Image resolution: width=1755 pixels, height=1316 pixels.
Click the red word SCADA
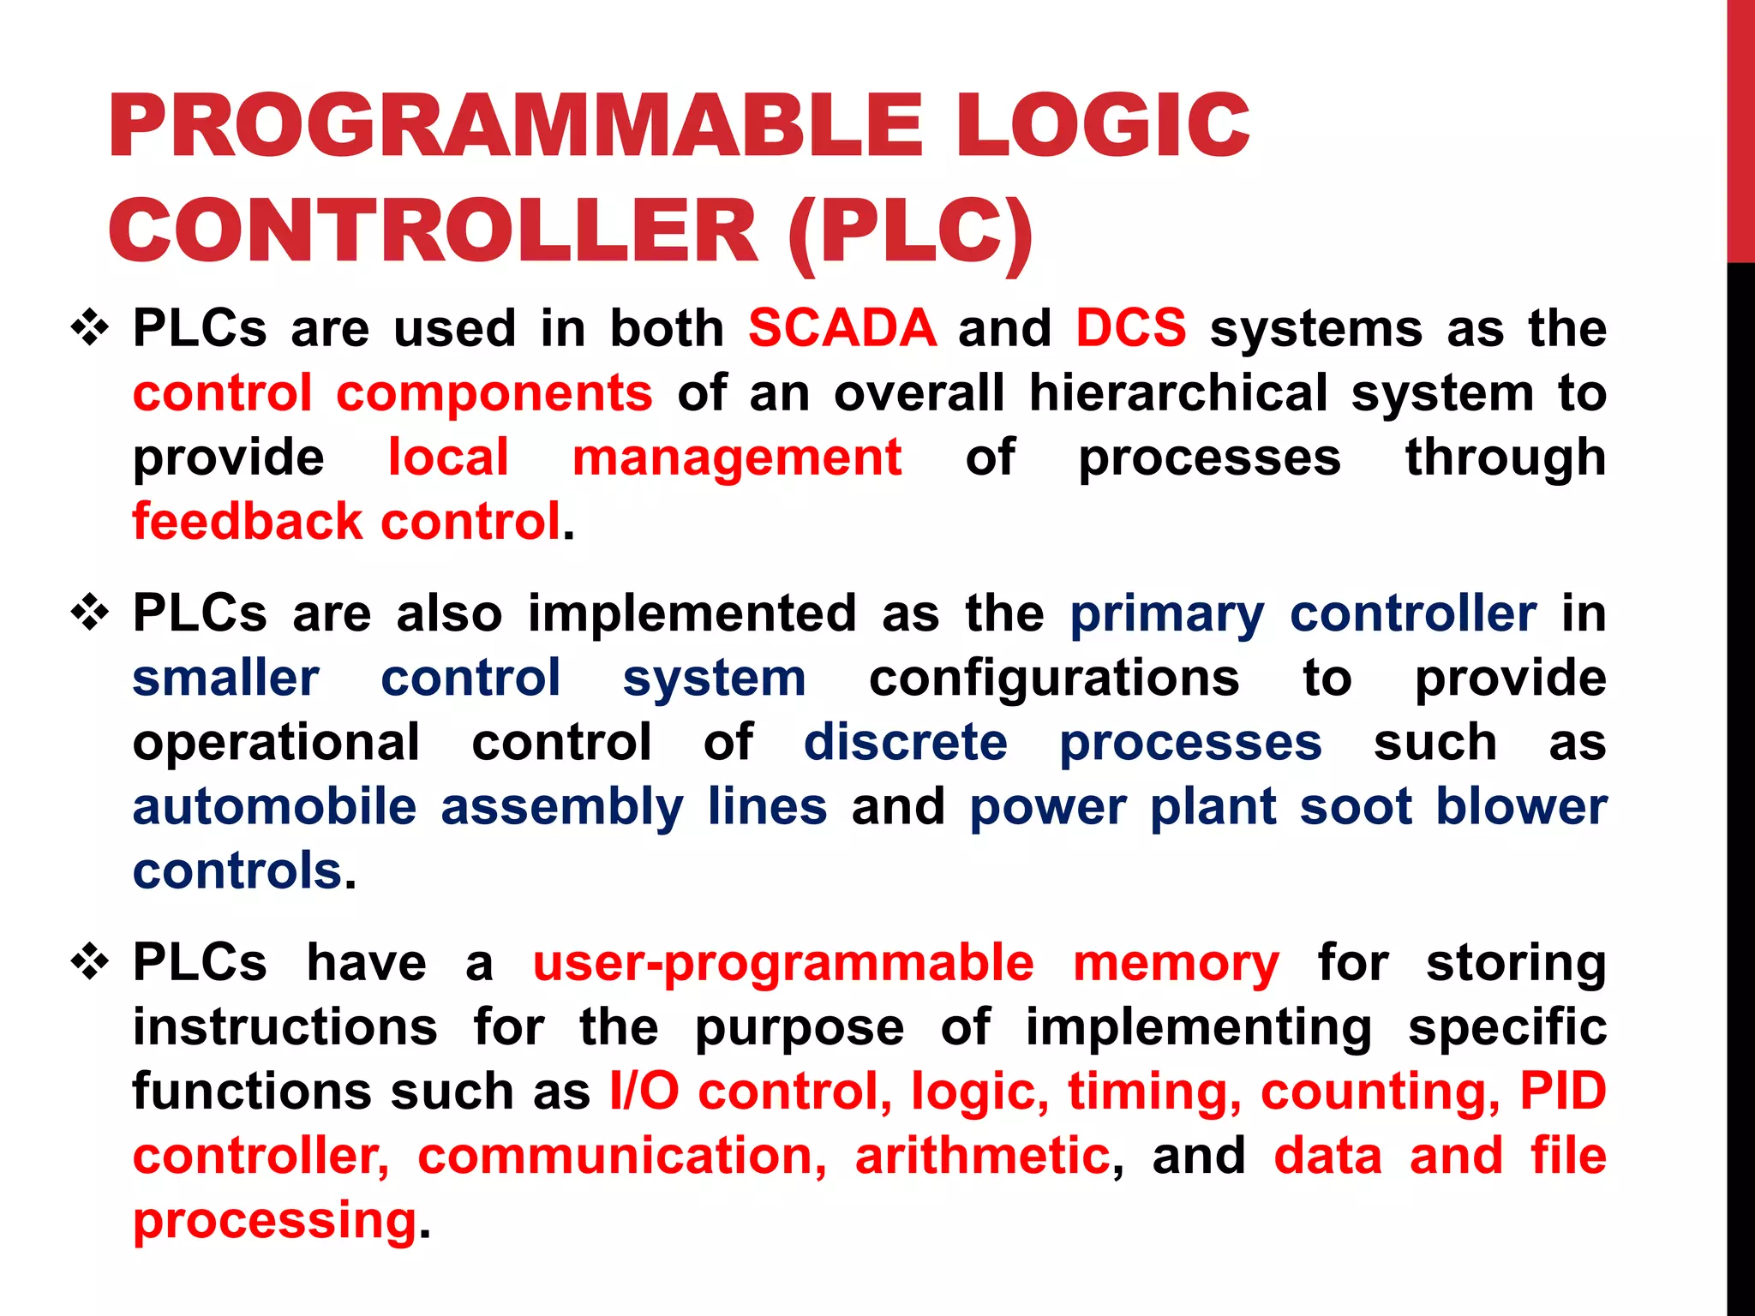[x=842, y=328]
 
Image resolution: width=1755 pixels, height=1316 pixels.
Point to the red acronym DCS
[x=1131, y=328]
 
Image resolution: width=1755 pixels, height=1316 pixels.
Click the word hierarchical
[x=1178, y=393]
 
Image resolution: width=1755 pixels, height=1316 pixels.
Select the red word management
[x=737, y=458]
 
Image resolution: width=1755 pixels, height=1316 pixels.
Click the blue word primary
[x=1166, y=615]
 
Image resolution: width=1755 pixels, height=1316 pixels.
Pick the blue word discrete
[x=905, y=742]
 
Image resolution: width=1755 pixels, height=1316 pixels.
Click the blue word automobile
[x=274, y=807]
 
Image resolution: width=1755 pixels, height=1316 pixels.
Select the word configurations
[x=1054, y=679]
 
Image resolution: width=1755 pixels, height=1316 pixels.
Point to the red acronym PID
[x=1563, y=1092]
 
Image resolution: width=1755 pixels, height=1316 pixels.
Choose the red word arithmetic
[x=982, y=1156]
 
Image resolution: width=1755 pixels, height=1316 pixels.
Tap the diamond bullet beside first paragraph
[x=90, y=329]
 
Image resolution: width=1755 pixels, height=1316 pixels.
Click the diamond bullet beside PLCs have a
[x=90, y=963]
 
